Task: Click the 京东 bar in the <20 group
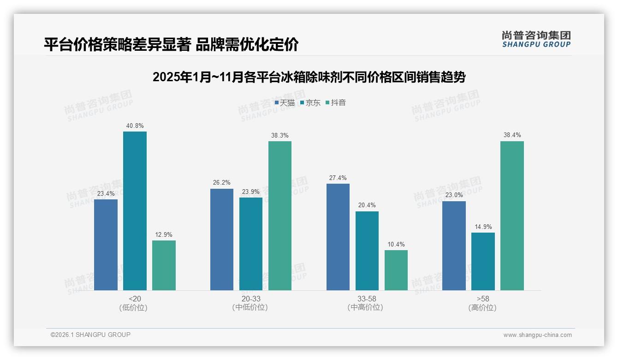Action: (x=135, y=211)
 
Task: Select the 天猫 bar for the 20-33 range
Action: (x=222, y=240)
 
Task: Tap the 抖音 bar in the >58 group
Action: (x=512, y=216)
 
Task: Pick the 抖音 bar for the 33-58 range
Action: (x=396, y=270)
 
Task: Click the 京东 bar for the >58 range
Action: (x=483, y=261)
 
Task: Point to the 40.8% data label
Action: (x=135, y=126)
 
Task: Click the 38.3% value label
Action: (x=280, y=135)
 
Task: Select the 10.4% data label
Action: (x=396, y=244)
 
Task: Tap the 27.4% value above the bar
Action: (x=338, y=178)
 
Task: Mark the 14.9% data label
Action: (x=483, y=227)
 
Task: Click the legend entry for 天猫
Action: (x=285, y=102)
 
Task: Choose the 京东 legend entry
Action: (x=310, y=102)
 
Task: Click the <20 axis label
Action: (x=135, y=299)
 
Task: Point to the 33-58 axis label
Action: (x=367, y=299)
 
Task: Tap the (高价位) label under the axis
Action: (x=482, y=307)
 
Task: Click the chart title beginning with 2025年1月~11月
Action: (x=309, y=77)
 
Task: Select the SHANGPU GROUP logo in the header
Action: (x=536, y=39)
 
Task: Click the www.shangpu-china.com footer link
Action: (x=537, y=335)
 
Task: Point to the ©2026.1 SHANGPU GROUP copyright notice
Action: (x=90, y=335)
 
